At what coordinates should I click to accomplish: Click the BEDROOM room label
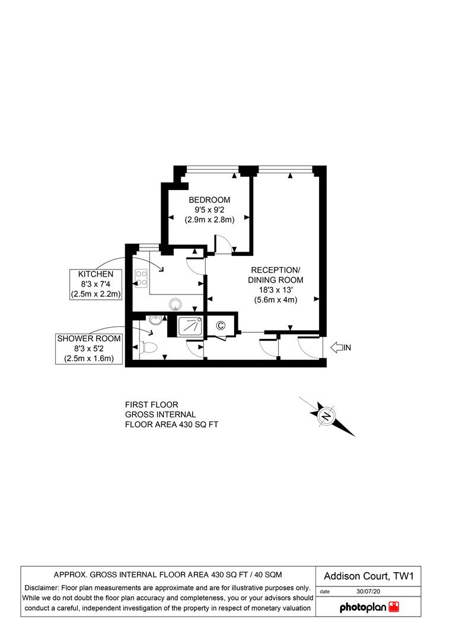pyautogui.click(x=209, y=199)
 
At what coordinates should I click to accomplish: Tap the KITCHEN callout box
pyautogui.click(x=96, y=284)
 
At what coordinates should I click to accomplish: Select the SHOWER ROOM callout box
pyautogui.click(x=88, y=349)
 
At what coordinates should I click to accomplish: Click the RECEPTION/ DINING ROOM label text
pyautogui.click(x=275, y=274)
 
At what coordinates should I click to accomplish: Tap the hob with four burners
pyautogui.click(x=142, y=277)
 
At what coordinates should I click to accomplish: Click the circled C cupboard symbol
pyautogui.click(x=221, y=325)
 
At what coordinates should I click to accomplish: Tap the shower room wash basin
pyautogui.click(x=155, y=320)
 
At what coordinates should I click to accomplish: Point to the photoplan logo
pyautogui.click(x=369, y=607)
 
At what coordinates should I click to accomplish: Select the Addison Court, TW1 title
pyautogui.click(x=368, y=576)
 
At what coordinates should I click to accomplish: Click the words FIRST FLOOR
pyautogui.click(x=151, y=405)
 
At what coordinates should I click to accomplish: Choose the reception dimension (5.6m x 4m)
pyautogui.click(x=275, y=300)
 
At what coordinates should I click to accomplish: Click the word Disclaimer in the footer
pyautogui.click(x=41, y=587)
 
